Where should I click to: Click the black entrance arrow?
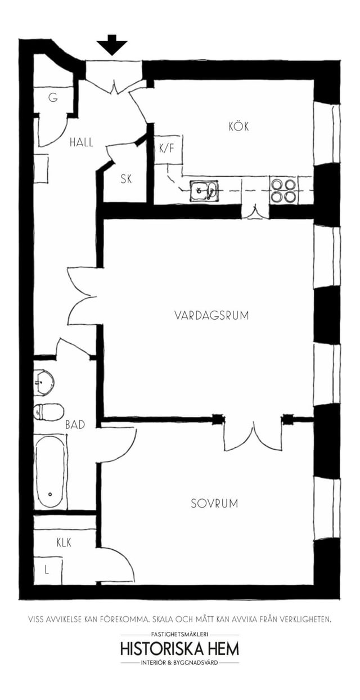coord(111,44)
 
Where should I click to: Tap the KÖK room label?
coord(238,126)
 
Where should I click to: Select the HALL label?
coord(81,142)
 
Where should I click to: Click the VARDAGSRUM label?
coord(211,315)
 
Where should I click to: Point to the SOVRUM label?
coord(214,504)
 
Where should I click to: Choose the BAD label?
coord(75,425)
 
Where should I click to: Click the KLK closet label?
coord(64,542)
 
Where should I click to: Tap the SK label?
coord(126,179)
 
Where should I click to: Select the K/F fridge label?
coord(166,149)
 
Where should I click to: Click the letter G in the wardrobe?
coord(53,98)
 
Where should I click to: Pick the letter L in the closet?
coord(47,571)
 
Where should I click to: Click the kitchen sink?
coord(204,191)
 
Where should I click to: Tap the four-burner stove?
coord(283,190)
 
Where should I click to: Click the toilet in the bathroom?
coord(48,412)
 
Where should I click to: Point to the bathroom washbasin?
coord(44,382)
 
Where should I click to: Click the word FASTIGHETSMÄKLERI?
coord(179,634)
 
